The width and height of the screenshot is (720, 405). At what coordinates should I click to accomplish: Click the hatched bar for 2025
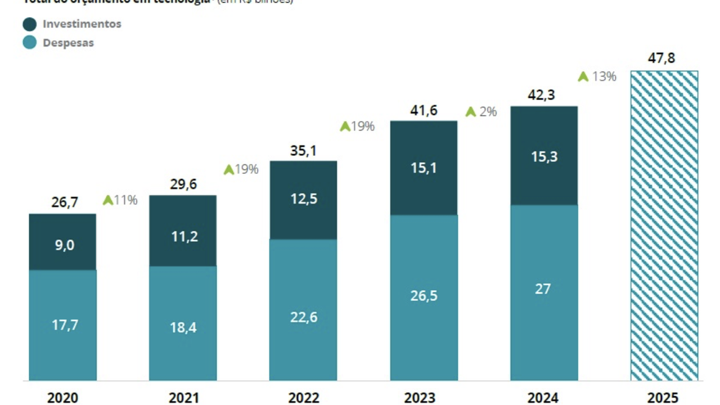tap(664, 225)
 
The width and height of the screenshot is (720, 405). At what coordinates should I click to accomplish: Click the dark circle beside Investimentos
tap(30, 24)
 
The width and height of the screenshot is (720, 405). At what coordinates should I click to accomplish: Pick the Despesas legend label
tap(68, 43)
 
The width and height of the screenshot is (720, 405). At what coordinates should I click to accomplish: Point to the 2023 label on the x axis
tap(420, 398)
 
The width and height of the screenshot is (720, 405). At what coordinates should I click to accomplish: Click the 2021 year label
tap(183, 398)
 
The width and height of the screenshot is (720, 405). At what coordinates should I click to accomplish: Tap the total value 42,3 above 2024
tap(541, 95)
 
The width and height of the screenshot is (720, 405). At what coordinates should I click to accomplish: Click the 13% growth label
tap(604, 76)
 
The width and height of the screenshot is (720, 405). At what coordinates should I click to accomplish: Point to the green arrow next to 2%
tap(471, 112)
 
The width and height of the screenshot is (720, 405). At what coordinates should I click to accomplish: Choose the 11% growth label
tap(125, 200)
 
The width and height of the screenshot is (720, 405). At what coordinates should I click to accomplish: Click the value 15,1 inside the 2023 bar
tap(424, 168)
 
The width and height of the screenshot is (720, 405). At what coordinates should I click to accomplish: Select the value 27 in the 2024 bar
tap(543, 289)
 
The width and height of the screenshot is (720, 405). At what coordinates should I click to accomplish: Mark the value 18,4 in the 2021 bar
tap(183, 327)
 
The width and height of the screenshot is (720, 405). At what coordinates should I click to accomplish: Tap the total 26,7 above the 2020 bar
tap(64, 202)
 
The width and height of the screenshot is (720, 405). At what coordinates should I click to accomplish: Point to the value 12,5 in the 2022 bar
tap(304, 199)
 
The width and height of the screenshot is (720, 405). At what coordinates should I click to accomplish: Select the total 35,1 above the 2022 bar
tap(304, 150)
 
